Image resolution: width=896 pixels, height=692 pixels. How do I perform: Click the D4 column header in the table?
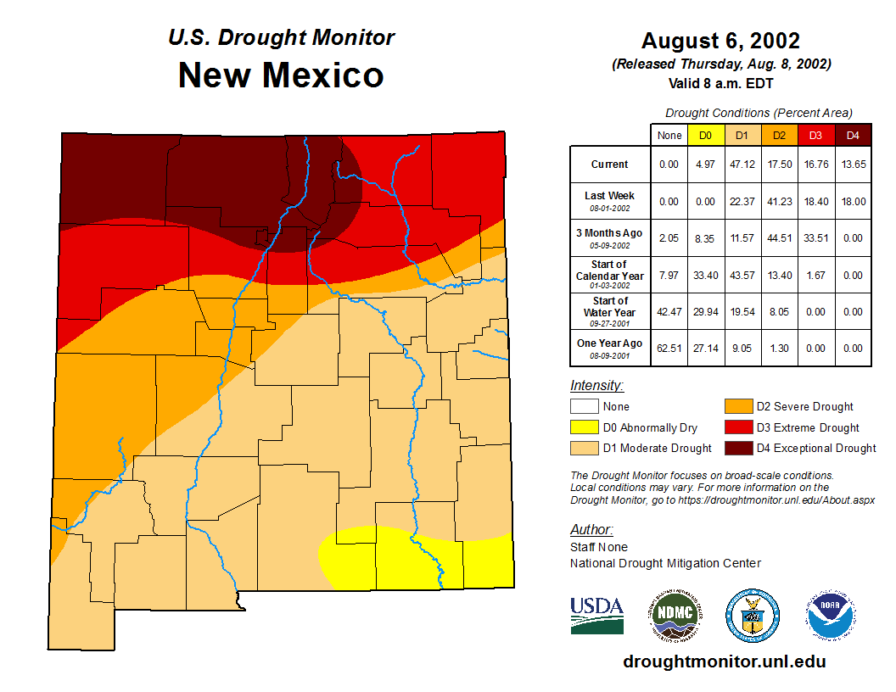point(854,135)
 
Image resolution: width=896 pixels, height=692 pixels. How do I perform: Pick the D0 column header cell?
point(705,135)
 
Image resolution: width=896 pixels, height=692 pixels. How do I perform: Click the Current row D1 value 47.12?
point(742,165)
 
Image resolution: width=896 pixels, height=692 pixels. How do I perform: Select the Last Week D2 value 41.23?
point(779,201)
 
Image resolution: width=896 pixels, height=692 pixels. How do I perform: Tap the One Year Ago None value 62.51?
point(669,348)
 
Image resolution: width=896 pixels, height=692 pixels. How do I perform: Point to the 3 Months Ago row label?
point(610,237)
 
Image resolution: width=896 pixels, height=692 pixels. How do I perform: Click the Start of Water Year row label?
point(610,311)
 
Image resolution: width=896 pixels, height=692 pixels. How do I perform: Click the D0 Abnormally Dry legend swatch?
point(584,427)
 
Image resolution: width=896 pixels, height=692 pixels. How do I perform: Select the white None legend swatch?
point(584,407)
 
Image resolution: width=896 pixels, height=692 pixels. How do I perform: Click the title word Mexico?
point(322,75)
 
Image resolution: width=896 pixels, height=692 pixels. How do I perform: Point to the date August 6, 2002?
point(720,41)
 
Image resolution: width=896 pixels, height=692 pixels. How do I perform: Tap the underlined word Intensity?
point(596,386)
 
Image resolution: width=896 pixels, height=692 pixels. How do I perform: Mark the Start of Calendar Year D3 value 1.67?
point(816,275)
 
